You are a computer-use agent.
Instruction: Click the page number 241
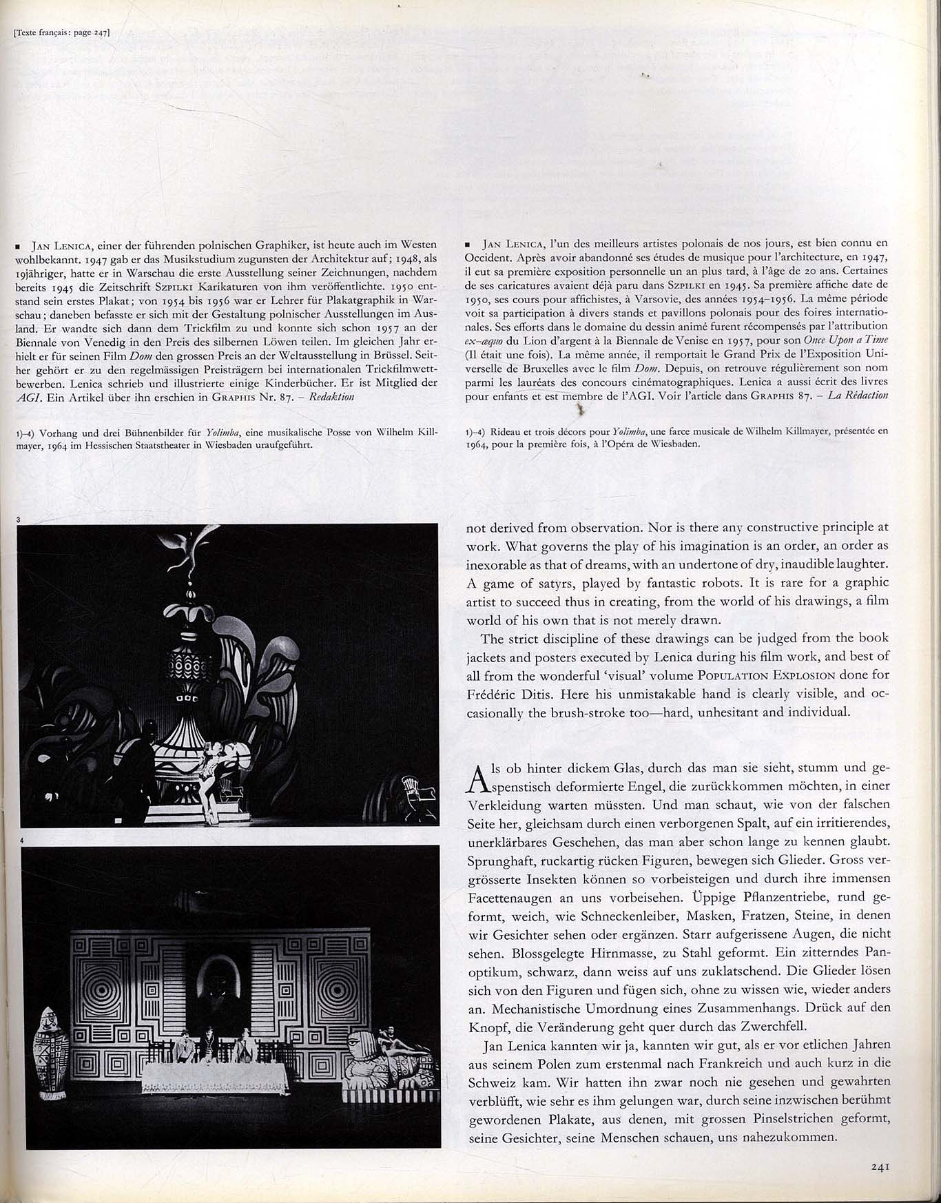pos(882,1166)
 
